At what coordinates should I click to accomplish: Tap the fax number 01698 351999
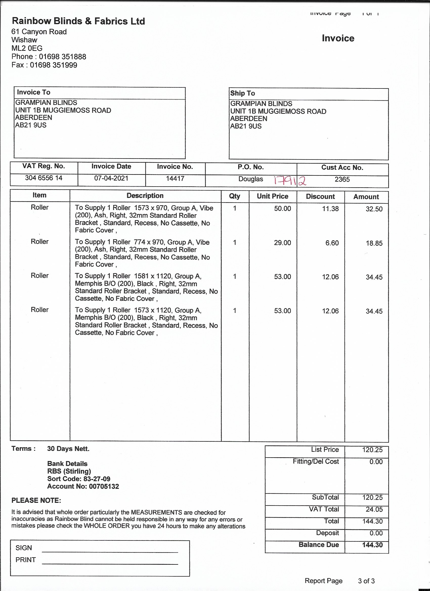[x=53, y=65]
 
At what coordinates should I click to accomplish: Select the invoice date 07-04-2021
[x=111, y=178]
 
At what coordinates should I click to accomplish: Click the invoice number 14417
[x=175, y=178]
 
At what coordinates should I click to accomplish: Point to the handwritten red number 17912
[x=290, y=180]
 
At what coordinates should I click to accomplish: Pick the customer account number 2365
[x=342, y=179]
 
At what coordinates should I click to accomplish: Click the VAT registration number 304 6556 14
[x=44, y=178]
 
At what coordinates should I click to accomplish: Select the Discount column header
[x=320, y=196]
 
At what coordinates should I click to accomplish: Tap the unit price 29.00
[x=282, y=243]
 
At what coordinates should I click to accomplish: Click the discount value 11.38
[x=330, y=209]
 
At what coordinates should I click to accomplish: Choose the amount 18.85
[x=374, y=243]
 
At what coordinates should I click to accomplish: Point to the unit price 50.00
[x=282, y=209]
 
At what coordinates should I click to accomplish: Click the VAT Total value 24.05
[x=374, y=509]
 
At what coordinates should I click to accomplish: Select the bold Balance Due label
[x=319, y=545]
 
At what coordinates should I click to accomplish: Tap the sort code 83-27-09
[x=97, y=479]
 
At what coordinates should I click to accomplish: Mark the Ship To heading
[x=243, y=93]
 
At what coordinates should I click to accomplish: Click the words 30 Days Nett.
[x=68, y=449]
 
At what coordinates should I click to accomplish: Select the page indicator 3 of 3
[x=366, y=581]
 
